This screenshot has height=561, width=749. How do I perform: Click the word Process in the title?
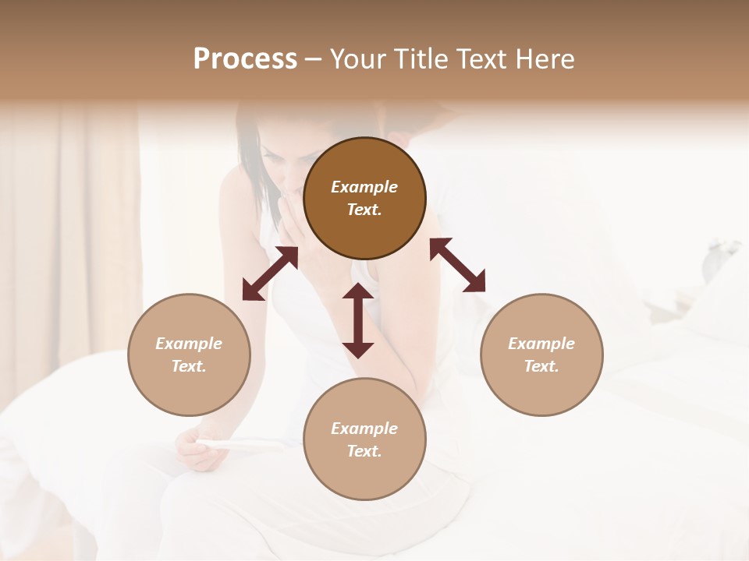pos(245,59)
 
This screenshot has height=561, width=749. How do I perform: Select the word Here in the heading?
pos(546,59)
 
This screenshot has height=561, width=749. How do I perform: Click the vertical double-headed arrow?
pos(358,320)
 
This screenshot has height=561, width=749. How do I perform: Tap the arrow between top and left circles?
pos(270,273)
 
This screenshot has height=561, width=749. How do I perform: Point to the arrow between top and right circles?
pos(457,265)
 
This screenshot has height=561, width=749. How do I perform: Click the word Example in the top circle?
pos(364,187)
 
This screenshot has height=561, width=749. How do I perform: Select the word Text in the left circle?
pos(189,366)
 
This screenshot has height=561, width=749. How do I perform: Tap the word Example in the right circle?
pos(541,344)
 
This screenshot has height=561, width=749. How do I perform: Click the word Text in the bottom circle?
pos(364,451)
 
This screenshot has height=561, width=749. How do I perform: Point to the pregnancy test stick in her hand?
pos(226,444)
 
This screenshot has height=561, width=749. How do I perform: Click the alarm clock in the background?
pos(716,261)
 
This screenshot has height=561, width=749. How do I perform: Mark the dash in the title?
pos(314,60)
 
